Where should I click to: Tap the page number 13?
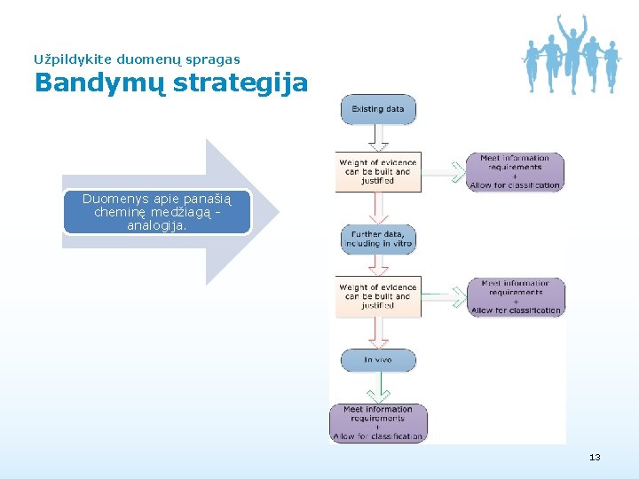[595, 458]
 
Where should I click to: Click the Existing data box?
[378, 110]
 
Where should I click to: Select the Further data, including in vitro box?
[378, 239]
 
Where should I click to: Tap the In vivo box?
[378, 360]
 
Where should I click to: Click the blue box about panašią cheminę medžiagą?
[157, 213]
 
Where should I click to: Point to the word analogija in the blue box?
[157, 225]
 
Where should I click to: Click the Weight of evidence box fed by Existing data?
[378, 171]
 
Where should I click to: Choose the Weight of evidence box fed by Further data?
[378, 296]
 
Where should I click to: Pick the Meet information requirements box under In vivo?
[378, 423]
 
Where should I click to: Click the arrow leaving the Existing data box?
[378, 137]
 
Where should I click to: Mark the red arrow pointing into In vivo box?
[378, 334]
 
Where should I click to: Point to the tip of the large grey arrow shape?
[277, 211]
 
